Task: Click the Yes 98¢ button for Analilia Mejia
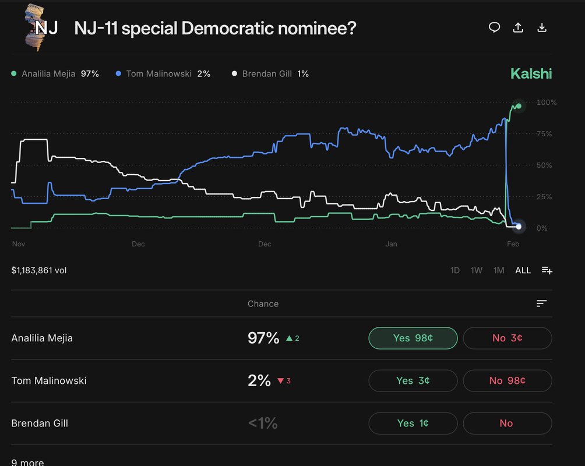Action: click(413, 338)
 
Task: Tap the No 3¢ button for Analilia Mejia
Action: click(507, 338)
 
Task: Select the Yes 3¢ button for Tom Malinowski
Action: click(413, 380)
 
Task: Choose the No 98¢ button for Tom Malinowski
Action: click(507, 380)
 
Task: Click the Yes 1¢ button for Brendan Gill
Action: click(413, 423)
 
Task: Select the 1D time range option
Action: click(455, 270)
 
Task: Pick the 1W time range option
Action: click(476, 270)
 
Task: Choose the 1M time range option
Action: click(498, 270)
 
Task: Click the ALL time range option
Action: click(523, 270)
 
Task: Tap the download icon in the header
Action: click(541, 27)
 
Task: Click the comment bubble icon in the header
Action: click(494, 27)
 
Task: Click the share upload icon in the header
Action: click(517, 27)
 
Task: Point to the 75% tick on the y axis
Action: click(546, 134)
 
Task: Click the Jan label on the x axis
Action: click(391, 244)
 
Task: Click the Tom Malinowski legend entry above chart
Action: click(163, 74)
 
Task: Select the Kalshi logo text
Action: click(530, 73)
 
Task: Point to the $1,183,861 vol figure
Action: click(39, 270)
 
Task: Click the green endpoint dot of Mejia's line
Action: click(518, 105)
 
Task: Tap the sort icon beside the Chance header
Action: click(541, 303)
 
